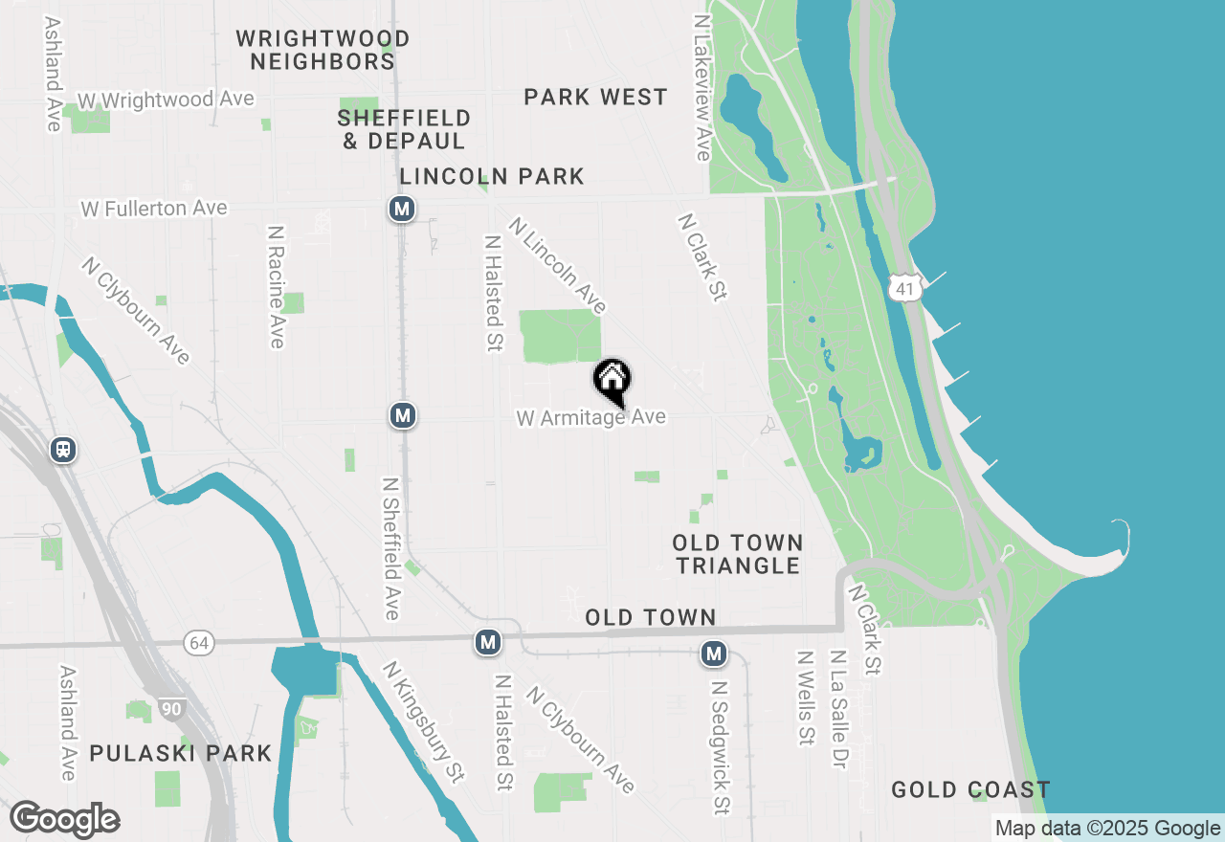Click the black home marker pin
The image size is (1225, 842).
[612, 382]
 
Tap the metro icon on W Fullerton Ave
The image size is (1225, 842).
[402, 209]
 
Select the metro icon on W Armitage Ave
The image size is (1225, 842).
[403, 415]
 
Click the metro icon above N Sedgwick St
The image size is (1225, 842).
[713, 654]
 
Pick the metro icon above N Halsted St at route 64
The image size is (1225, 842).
[488, 642]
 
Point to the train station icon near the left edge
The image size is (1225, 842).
[64, 449]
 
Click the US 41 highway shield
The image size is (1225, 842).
[904, 286]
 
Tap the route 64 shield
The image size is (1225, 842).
[199, 643]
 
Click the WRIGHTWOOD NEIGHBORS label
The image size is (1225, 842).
[323, 50]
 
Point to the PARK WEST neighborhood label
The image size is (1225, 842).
[595, 97]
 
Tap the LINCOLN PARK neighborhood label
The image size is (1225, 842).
[492, 176]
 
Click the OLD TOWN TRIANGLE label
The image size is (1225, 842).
[737, 554]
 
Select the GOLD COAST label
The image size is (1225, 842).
[970, 789]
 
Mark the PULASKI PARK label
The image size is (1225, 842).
[181, 753]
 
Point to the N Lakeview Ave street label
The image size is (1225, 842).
[702, 86]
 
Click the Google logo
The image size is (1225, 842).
[64, 820]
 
